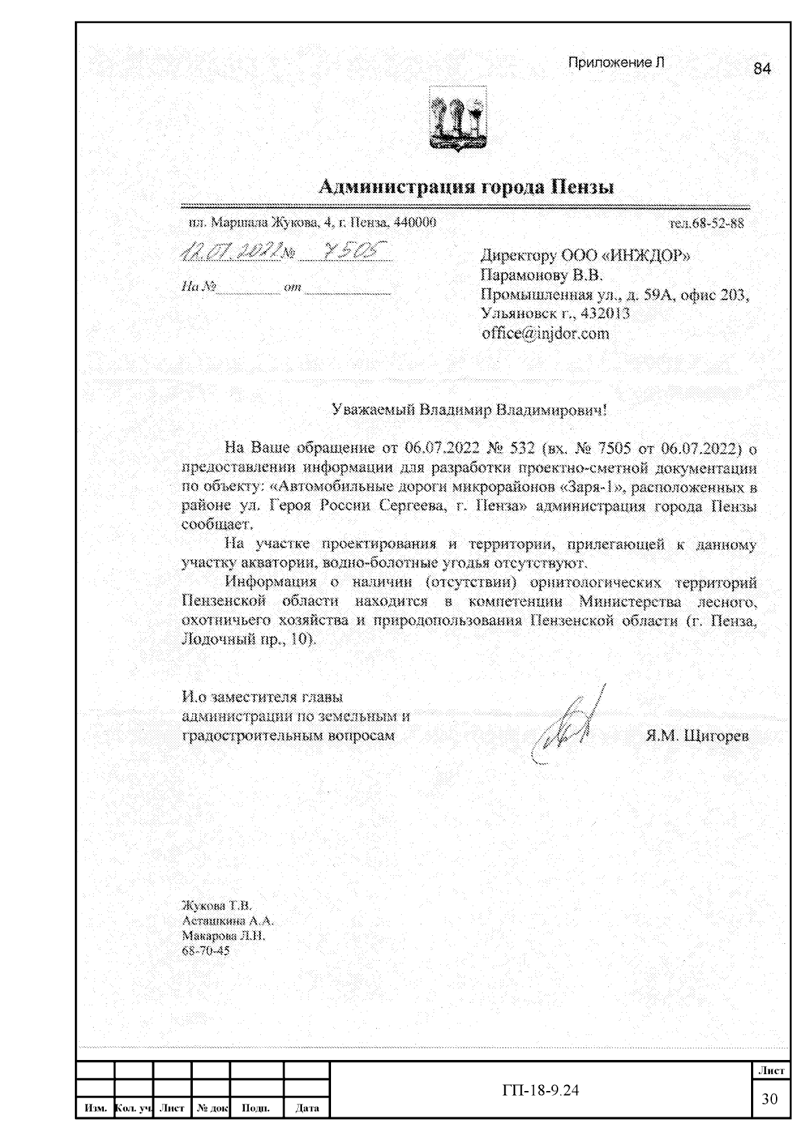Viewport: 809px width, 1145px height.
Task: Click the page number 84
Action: pyautogui.click(x=762, y=68)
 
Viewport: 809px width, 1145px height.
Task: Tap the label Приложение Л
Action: pyautogui.click(x=616, y=63)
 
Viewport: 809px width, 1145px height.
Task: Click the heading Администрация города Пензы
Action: pyautogui.click(x=466, y=186)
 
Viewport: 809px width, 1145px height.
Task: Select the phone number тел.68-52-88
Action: pyautogui.click(x=705, y=223)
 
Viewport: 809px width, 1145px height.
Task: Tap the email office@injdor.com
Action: pyautogui.click(x=545, y=333)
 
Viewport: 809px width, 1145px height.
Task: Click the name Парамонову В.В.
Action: pyautogui.click(x=541, y=275)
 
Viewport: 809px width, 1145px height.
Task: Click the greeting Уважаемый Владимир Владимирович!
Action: pyautogui.click(x=469, y=410)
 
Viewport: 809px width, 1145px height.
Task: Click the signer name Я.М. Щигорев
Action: pyautogui.click(x=697, y=735)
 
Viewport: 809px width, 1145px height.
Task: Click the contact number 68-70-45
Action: pyautogui.click(x=206, y=951)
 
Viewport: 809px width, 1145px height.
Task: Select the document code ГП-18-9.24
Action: pyautogui.click(x=541, y=1090)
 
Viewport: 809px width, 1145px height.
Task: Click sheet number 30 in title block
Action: pyautogui.click(x=770, y=1099)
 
